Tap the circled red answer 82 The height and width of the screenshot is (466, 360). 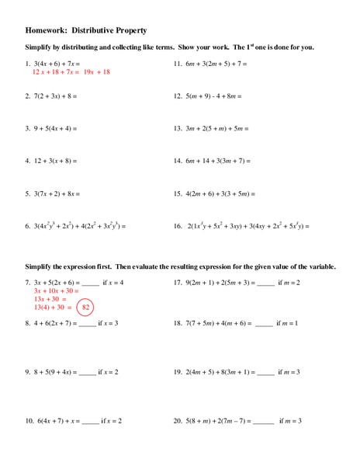click(87, 308)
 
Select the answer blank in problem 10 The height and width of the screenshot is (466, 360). click(91, 421)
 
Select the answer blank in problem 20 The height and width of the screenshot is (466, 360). click(264, 421)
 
